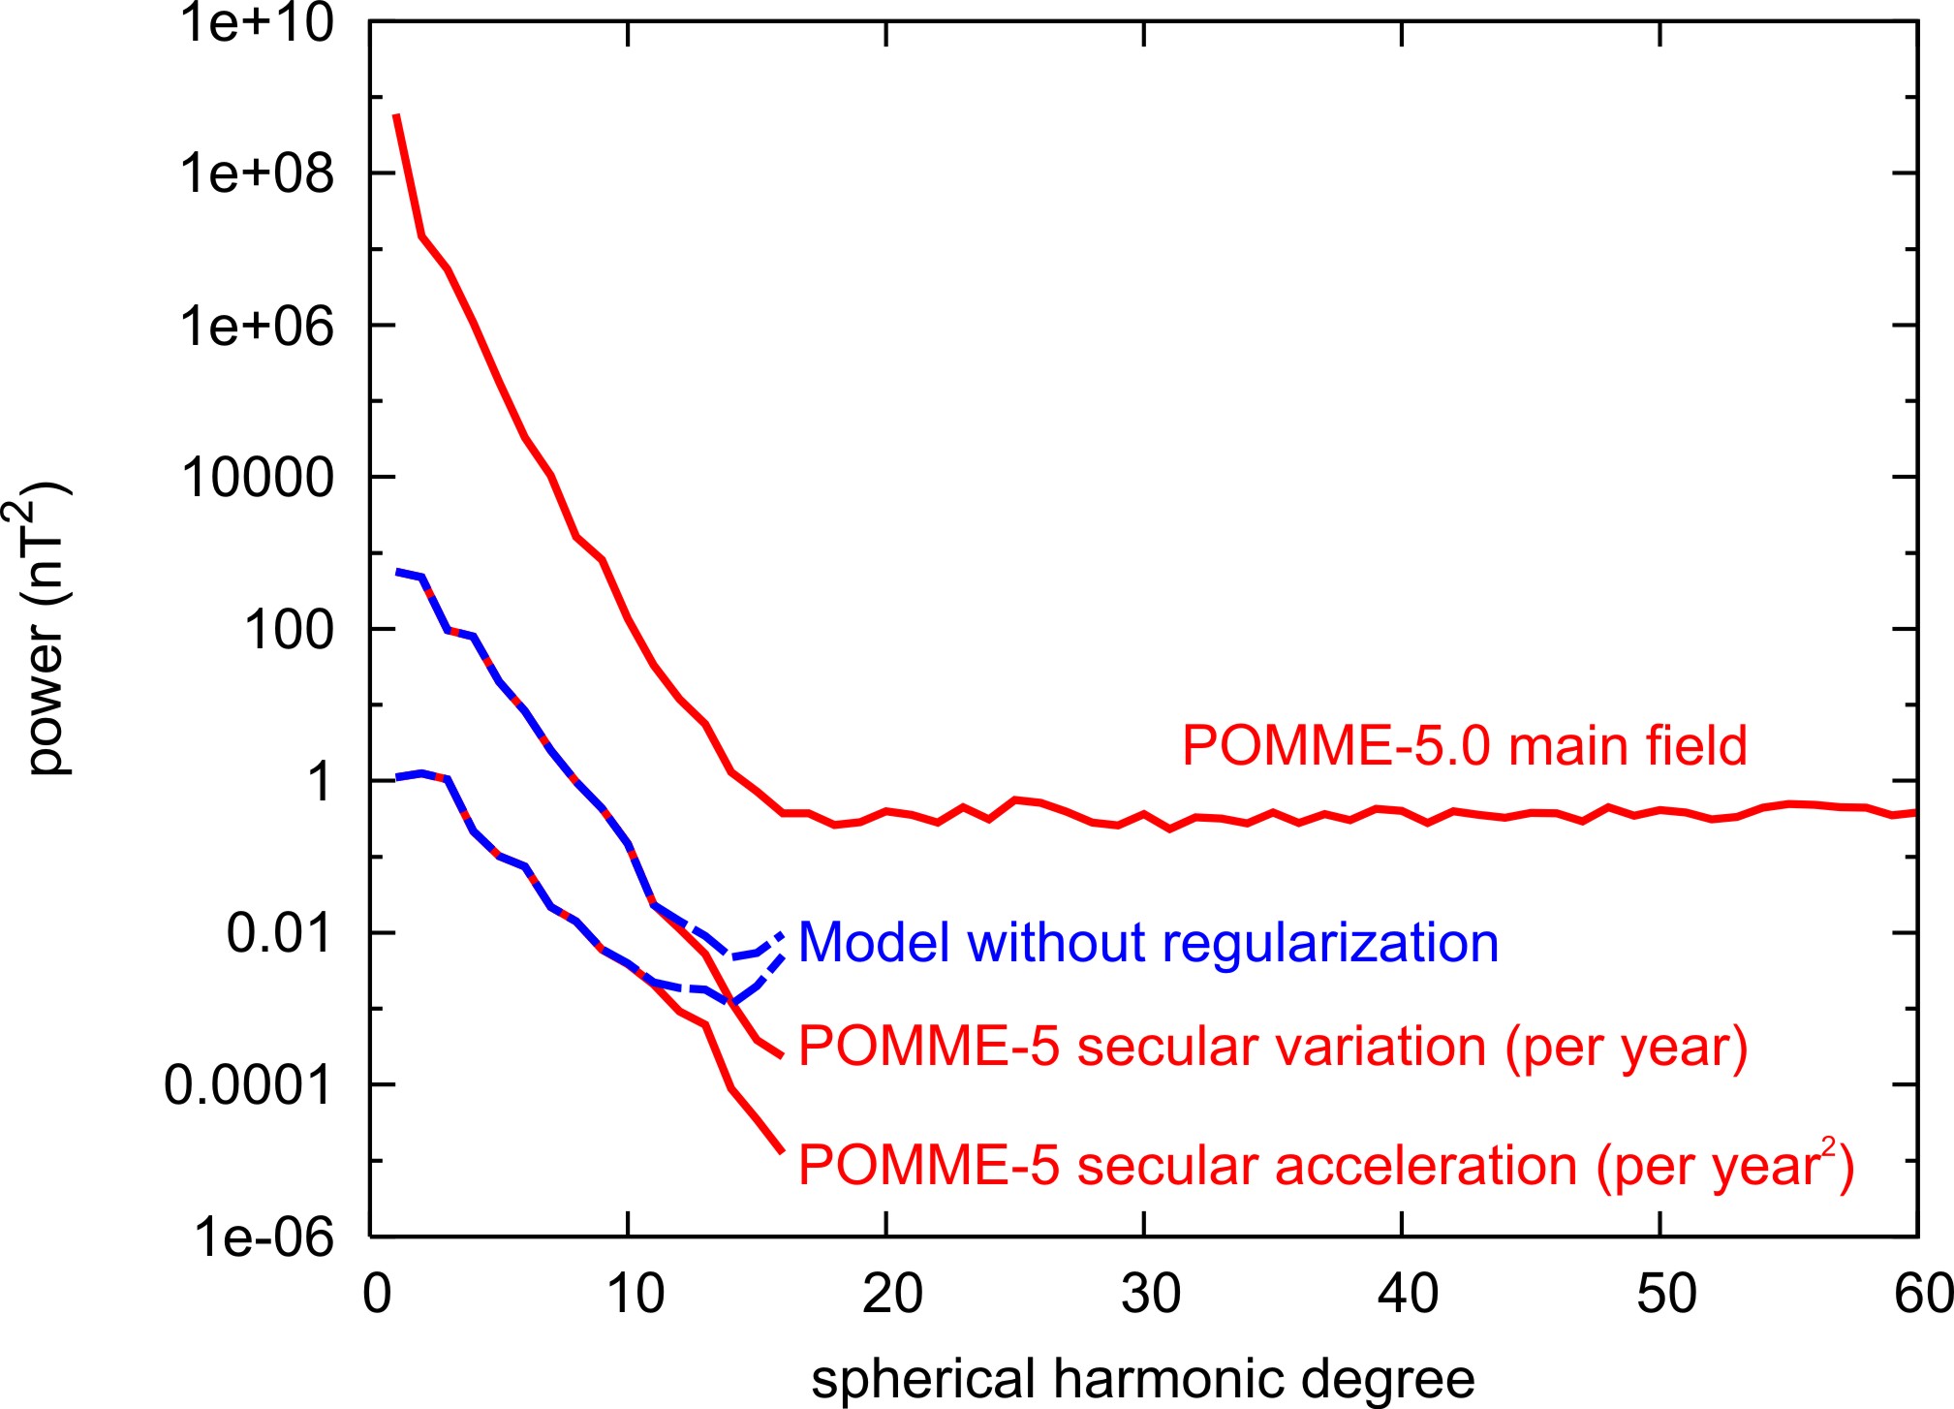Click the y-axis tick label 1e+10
257,23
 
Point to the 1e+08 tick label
257,174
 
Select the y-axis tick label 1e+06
257,327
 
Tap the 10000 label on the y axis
257,478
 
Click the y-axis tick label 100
289,630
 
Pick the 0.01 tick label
279,934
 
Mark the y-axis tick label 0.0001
248,1085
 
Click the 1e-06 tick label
264,1237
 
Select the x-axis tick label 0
377,1294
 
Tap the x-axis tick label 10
635,1294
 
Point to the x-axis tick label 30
1150,1294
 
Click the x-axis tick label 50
1666,1294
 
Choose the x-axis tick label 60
1924,1294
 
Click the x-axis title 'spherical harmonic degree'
1143,1378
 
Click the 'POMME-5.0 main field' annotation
1464,746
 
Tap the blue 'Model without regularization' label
1148,943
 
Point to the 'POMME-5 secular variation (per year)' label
1273,1048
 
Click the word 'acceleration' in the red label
1425,1166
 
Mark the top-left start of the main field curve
396,115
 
